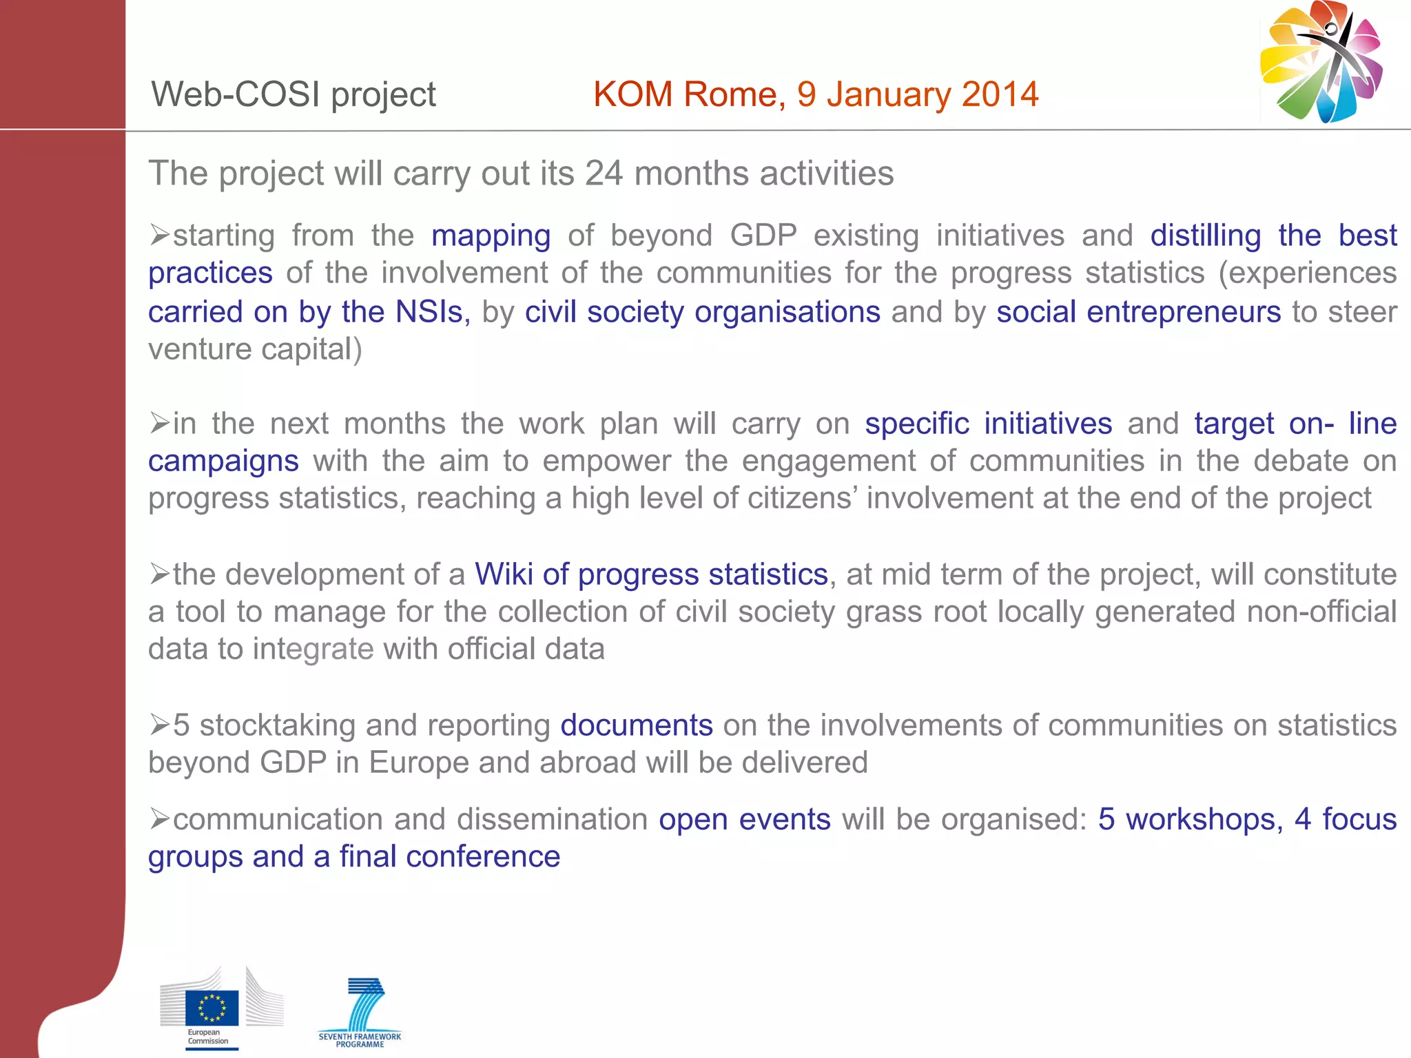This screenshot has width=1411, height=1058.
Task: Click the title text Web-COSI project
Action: pos(293,94)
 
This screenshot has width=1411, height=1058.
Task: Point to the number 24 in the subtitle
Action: pos(604,174)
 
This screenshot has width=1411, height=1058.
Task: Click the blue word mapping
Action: pos(491,236)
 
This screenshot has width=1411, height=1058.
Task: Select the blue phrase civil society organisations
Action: pos(702,312)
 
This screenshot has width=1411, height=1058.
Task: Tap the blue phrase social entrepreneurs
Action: pos(1138,312)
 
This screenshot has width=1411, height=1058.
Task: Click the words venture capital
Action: pos(254,349)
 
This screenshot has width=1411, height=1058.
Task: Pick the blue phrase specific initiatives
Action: pos(988,424)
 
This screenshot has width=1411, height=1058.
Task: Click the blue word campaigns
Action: pos(223,461)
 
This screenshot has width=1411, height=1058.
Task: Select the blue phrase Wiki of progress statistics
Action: pos(651,574)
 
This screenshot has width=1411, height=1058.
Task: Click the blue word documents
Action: pos(636,725)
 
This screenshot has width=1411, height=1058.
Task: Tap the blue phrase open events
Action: pos(744,820)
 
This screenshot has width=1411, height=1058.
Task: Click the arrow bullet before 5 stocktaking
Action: pos(159,725)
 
